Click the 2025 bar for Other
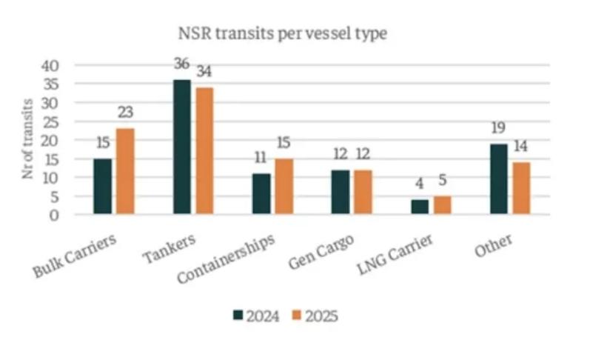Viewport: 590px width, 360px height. click(x=522, y=188)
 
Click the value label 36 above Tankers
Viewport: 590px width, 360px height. click(x=181, y=63)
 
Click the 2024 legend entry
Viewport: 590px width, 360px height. click(x=256, y=316)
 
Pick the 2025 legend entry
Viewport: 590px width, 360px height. click(x=316, y=316)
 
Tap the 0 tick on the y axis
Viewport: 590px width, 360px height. click(x=53, y=215)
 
